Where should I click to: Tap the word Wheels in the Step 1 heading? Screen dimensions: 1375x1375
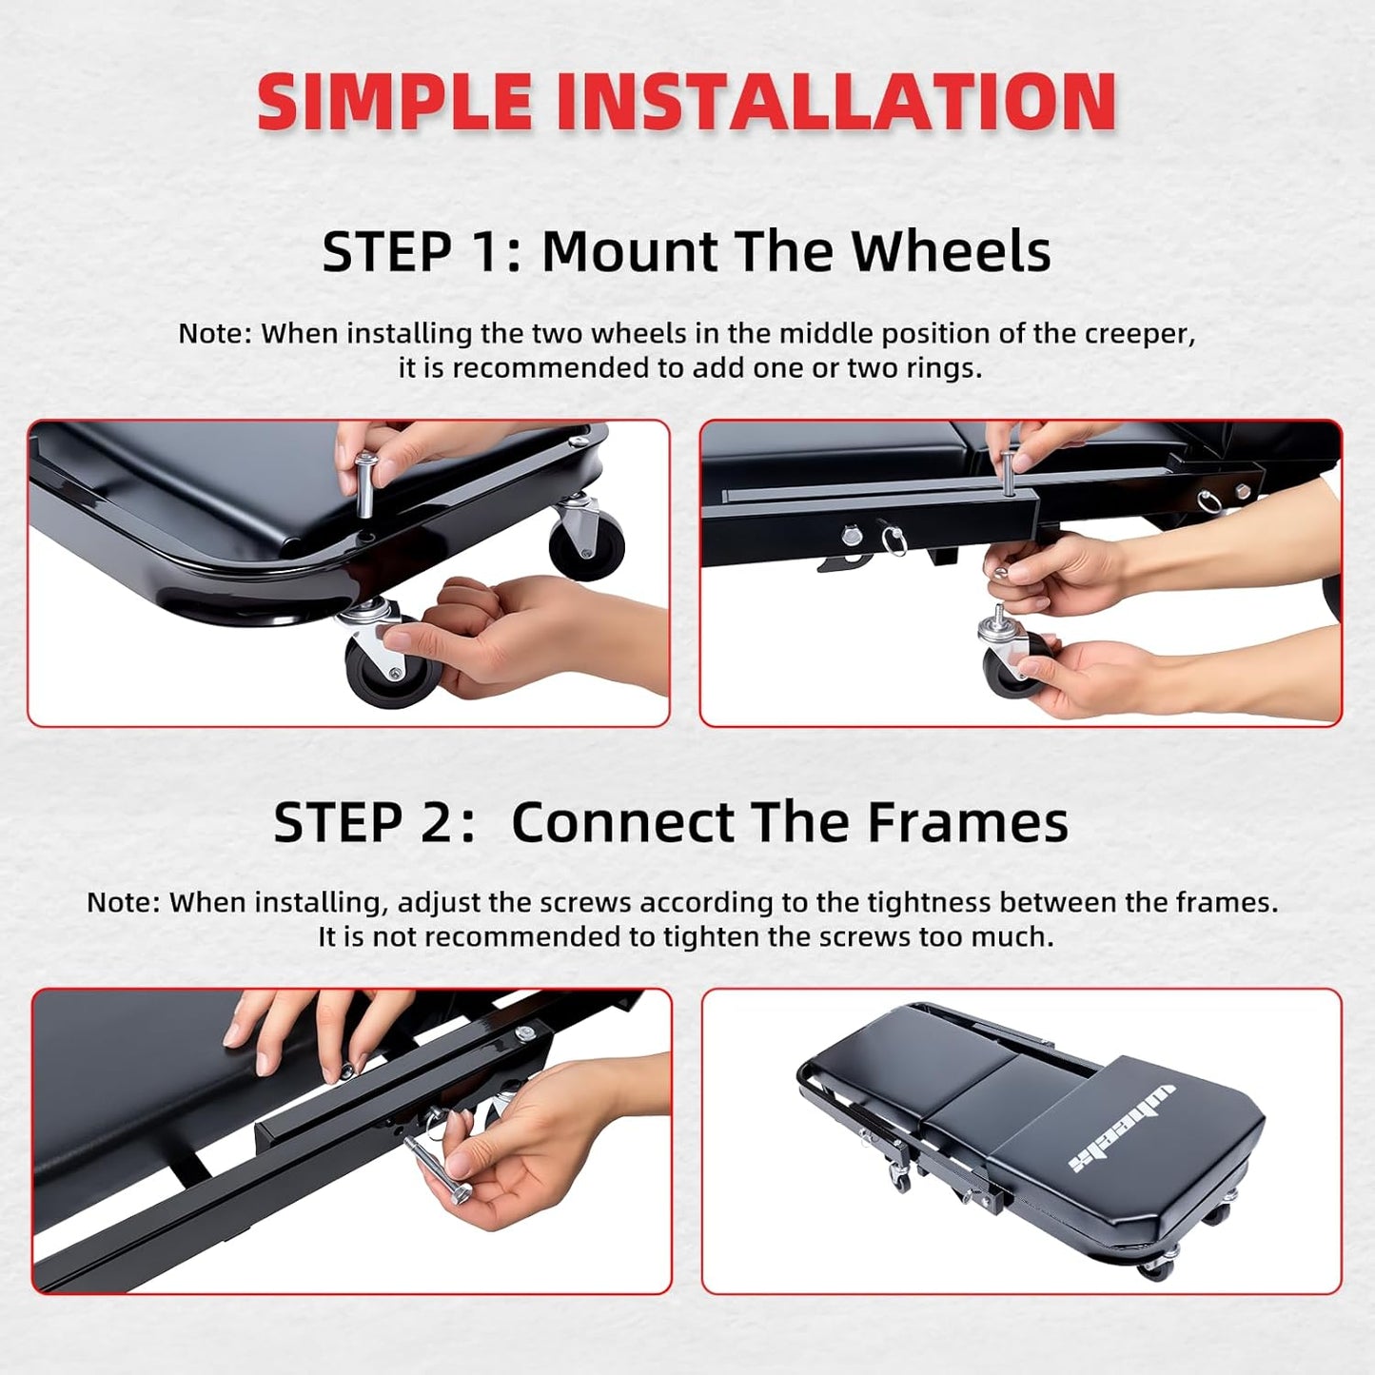click(951, 252)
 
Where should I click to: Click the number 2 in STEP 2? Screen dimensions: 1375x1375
click(439, 822)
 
